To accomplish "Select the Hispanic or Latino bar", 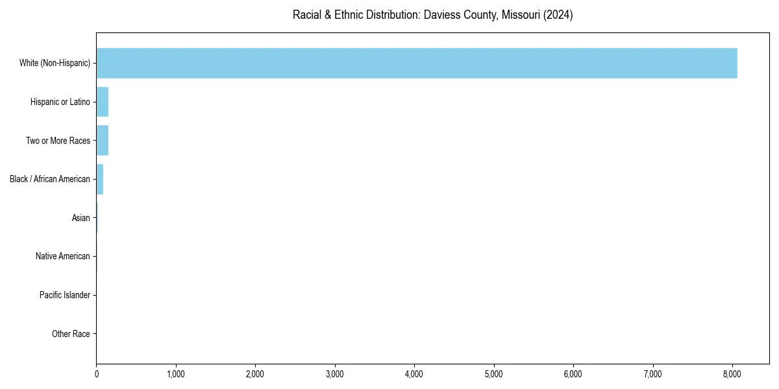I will click(x=103, y=102).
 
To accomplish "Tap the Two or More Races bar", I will click(x=103, y=141).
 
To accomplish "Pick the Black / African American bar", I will click(x=100, y=179).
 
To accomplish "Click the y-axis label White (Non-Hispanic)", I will click(x=55, y=63).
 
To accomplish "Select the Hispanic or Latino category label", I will click(x=60, y=102).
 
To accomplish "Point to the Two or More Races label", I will click(x=58, y=141).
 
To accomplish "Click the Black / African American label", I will click(x=50, y=179).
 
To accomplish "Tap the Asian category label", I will click(x=80, y=218).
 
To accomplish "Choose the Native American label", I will click(x=62, y=256).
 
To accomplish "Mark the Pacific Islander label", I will click(x=64, y=295).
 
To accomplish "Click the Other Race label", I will click(x=71, y=334).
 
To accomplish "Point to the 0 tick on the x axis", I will click(x=97, y=373).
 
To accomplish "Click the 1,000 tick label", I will click(x=176, y=373).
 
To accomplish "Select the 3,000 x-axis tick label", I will click(x=335, y=373).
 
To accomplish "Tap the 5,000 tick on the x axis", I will click(x=494, y=373).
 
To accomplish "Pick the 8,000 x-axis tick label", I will click(x=732, y=373).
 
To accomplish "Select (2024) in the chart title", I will click(x=558, y=15).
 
